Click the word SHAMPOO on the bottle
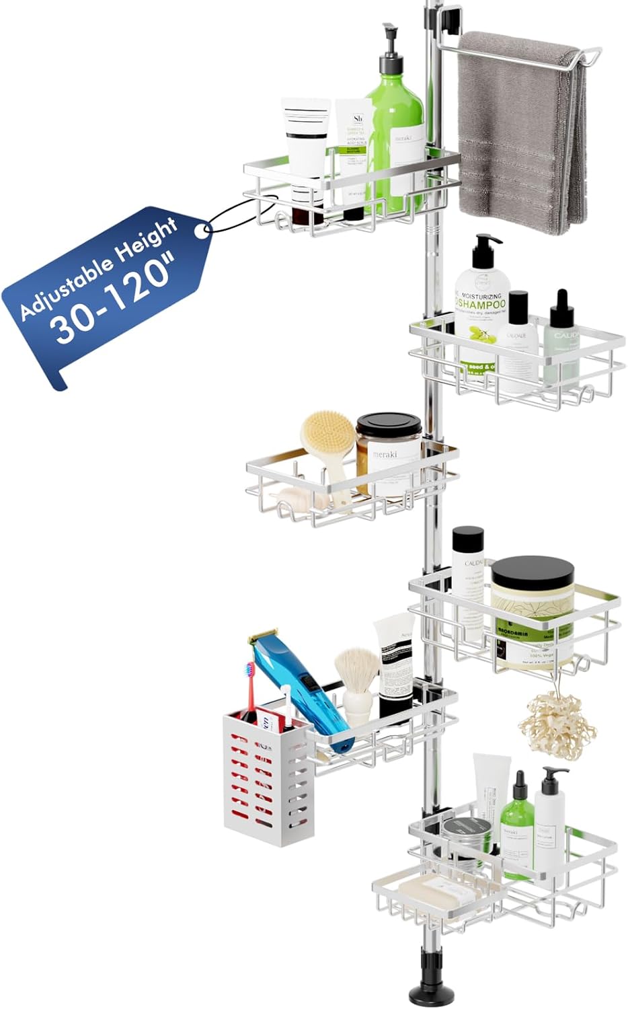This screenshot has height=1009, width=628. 480,305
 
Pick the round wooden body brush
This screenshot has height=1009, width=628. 327,437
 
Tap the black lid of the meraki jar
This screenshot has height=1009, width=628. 389,428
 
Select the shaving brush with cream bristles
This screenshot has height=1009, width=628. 356,679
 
